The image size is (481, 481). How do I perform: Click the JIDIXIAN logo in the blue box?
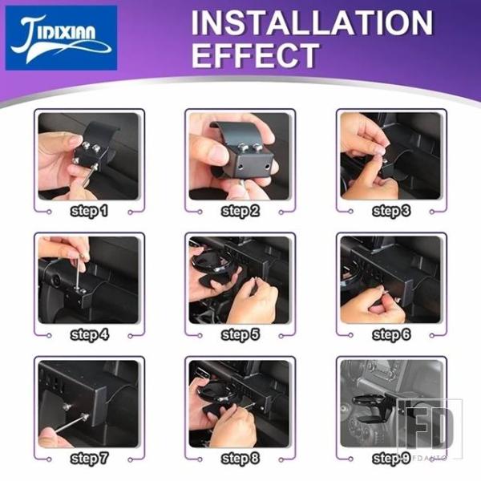[x=61, y=38]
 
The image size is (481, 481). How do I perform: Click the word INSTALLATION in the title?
[x=312, y=22]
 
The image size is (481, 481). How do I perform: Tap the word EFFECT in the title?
[x=256, y=55]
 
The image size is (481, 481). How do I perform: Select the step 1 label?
[x=89, y=211]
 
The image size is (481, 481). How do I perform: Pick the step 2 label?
[x=240, y=211]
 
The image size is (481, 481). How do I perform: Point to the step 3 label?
[x=391, y=211]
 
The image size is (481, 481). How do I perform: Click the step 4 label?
[x=89, y=334]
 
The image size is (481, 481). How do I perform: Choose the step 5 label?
[x=240, y=334]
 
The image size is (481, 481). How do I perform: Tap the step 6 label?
[x=391, y=334]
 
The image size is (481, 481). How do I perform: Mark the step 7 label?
[x=89, y=459]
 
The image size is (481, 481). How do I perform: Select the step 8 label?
[x=240, y=459]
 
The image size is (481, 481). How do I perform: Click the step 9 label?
[x=391, y=459]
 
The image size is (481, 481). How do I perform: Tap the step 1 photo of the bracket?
[x=88, y=156]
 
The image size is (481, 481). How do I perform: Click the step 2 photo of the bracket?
[x=239, y=156]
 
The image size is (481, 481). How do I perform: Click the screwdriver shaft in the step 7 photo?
[x=70, y=423]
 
